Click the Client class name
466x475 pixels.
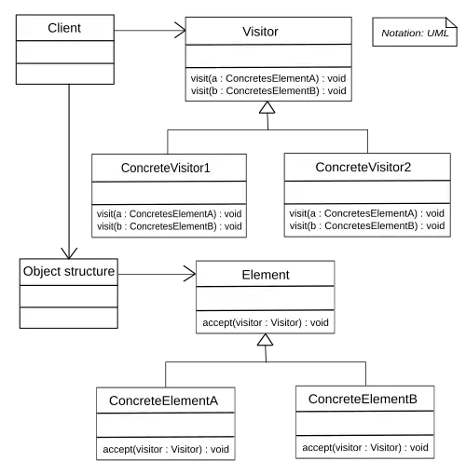64,28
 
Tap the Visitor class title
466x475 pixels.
260,32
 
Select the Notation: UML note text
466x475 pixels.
415,34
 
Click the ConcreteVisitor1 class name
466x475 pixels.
166,168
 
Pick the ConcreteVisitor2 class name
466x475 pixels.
363,167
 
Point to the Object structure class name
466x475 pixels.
69,271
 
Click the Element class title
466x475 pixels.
266,275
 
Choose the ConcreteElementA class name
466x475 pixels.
163,400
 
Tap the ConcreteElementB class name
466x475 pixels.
363,400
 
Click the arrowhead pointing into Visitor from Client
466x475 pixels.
181,31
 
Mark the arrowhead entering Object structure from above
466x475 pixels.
69,253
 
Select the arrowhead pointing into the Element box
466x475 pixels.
190,274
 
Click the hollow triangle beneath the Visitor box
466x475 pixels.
267,107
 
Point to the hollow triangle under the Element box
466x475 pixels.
265,340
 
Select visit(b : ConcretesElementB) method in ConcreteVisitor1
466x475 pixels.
170,226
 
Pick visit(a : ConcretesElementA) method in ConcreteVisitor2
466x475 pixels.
366,213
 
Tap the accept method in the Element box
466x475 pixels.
266,322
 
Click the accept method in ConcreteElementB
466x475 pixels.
365,447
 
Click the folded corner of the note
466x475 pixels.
451,23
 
